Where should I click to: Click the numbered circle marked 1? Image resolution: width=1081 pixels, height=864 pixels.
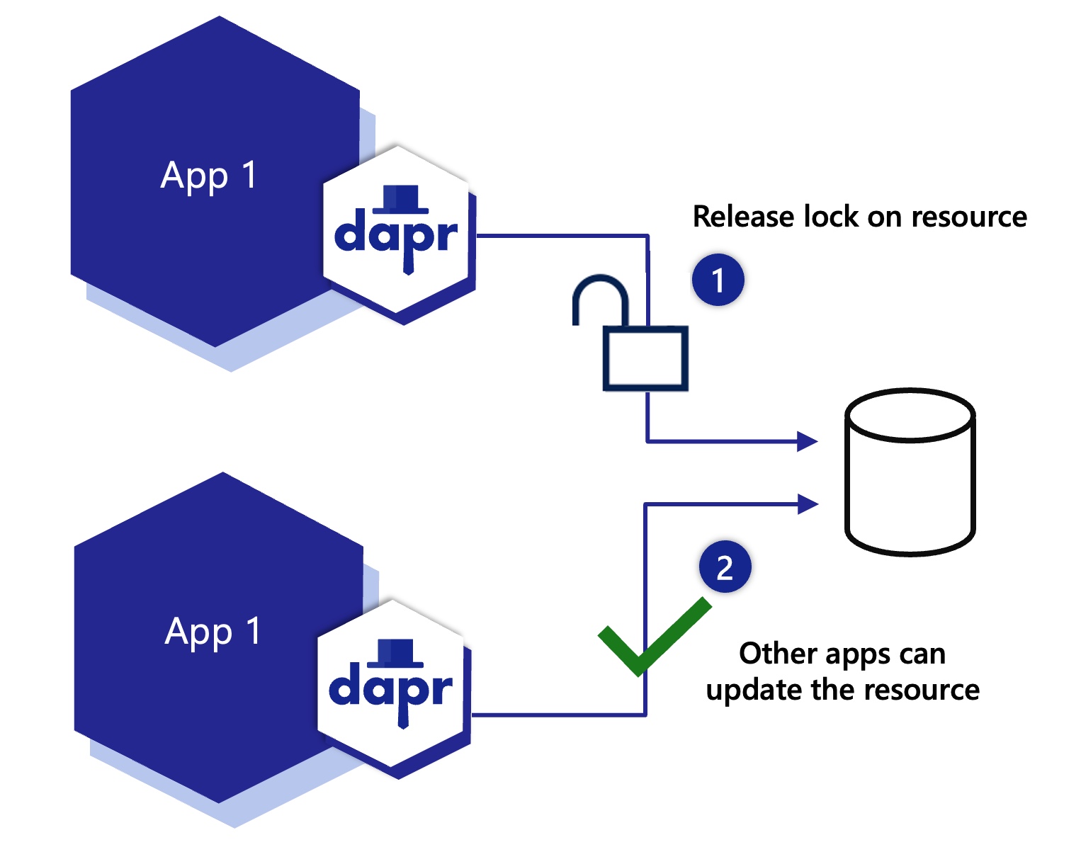718,280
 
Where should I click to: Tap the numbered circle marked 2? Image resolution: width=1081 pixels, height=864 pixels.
725,567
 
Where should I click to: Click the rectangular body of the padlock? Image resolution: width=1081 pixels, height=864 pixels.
645,358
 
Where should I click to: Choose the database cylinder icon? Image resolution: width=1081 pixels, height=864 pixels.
910,472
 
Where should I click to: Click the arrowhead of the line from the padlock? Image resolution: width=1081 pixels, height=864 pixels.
808,441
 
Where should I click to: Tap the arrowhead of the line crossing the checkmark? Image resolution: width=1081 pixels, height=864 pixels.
808,504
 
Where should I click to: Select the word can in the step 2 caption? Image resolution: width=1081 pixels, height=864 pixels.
922,654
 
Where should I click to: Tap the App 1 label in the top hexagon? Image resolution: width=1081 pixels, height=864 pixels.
208,175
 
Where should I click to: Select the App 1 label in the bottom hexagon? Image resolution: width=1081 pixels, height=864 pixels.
213,631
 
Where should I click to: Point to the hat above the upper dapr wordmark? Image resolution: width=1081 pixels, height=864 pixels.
401,199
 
